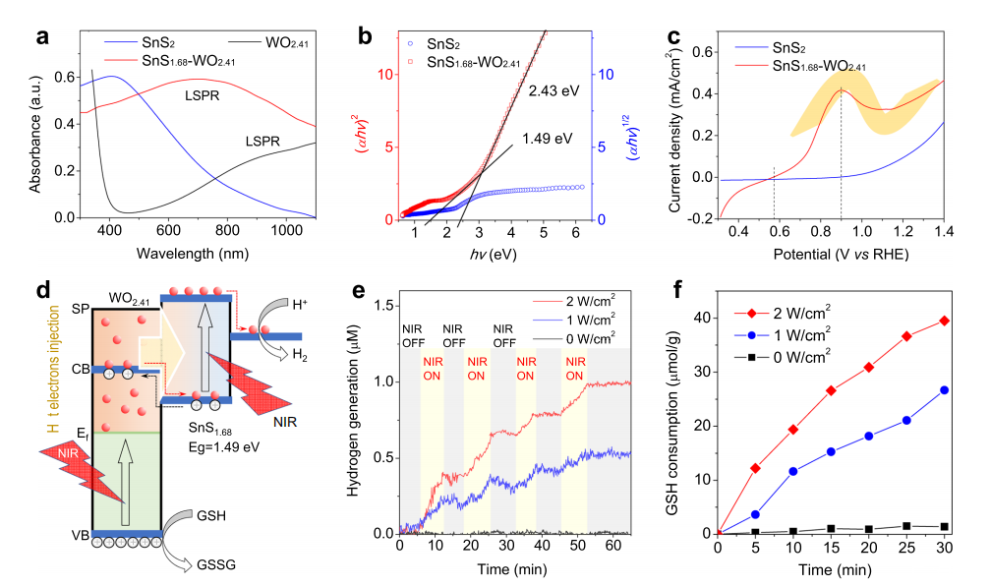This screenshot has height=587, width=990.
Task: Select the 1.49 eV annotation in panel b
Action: (x=549, y=138)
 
